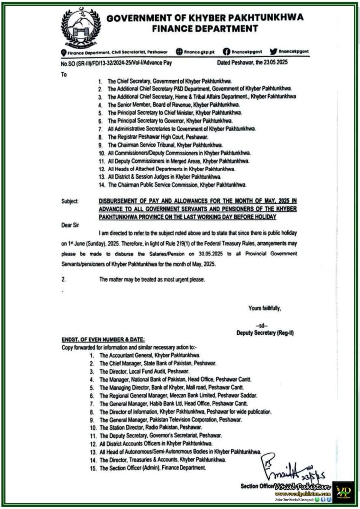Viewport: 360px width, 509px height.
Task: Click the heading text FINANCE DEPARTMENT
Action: point(205,29)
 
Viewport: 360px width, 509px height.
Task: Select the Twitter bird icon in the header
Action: point(273,51)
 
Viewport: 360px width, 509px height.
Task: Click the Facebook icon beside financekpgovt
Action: point(227,51)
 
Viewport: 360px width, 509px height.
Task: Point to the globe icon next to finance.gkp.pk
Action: point(180,51)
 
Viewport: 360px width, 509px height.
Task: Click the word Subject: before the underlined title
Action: point(70,201)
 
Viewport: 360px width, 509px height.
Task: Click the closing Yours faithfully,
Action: point(265,308)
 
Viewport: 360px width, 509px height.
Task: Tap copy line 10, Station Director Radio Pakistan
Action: point(151,427)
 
